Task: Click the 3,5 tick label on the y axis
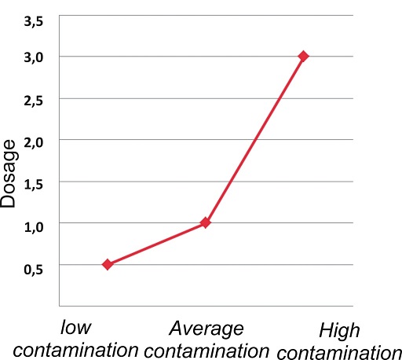[34, 21]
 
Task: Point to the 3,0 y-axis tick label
[34, 57]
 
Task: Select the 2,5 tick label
[34, 101]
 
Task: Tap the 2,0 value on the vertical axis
[34, 143]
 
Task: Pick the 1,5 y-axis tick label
[34, 185]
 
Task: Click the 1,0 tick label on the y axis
[34, 226]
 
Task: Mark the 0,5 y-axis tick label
[34, 269]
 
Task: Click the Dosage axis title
[9, 174]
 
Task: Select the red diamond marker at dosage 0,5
[108, 264]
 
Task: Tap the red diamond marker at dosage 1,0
[206, 222]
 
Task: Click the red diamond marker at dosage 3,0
[303, 56]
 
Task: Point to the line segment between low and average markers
[156, 244]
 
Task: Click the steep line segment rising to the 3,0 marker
[254, 139]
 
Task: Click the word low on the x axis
[75, 328]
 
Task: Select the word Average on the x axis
[206, 329]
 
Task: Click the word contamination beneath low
[75, 350]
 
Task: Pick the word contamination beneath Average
[206, 351]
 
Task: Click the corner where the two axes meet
[60, 306]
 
